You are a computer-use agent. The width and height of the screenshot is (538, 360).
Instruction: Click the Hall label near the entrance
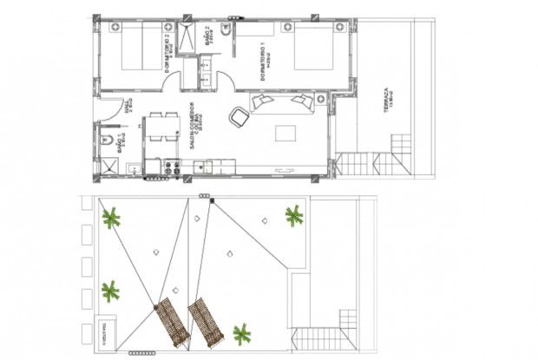pos(128,108)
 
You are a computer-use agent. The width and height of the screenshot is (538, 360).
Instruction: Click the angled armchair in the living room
pos(238,115)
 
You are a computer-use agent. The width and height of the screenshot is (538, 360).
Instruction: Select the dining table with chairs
pos(158,127)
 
